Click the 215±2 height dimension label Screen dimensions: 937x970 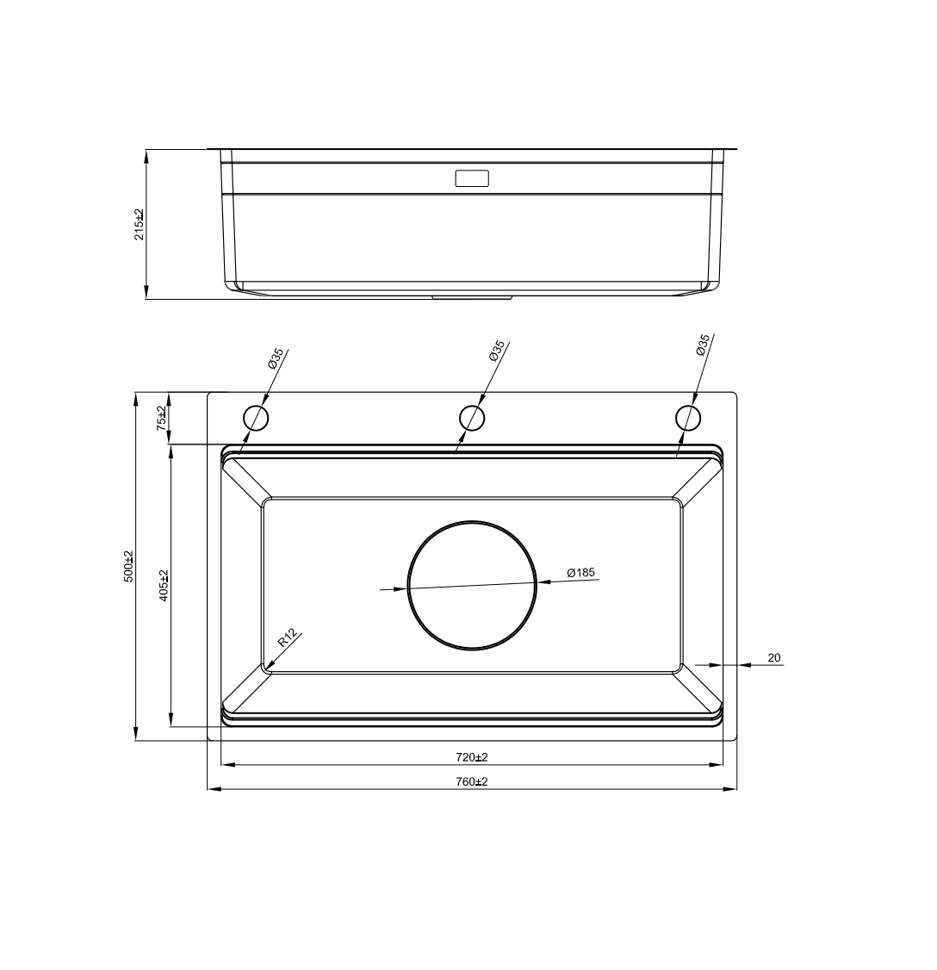pyautogui.click(x=140, y=225)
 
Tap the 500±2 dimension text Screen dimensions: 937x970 pyautogui.click(x=128, y=566)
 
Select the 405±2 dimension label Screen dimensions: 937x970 pyautogui.click(x=164, y=585)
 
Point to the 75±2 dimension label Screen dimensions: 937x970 pyautogui.click(x=161, y=418)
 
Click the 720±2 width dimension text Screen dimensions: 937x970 pyautogui.click(x=472, y=757)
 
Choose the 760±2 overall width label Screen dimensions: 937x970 pyautogui.click(x=472, y=782)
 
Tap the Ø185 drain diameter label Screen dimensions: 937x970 pyautogui.click(x=580, y=572)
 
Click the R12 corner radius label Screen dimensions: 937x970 pyautogui.click(x=289, y=637)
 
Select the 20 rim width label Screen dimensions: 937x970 pyautogui.click(x=773, y=657)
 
